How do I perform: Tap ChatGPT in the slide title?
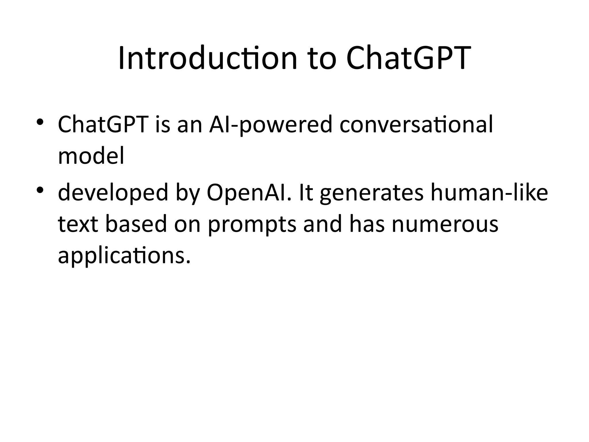pyautogui.click(x=408, y=58)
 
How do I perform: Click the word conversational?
pyautogui.click(x=416, y=125)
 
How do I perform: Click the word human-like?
pyautogui.click(x=489, y=193)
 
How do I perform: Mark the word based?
pyautogui.click(x=136, y=224)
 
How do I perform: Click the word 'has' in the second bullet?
pyautogui.click(x=367, y=224)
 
